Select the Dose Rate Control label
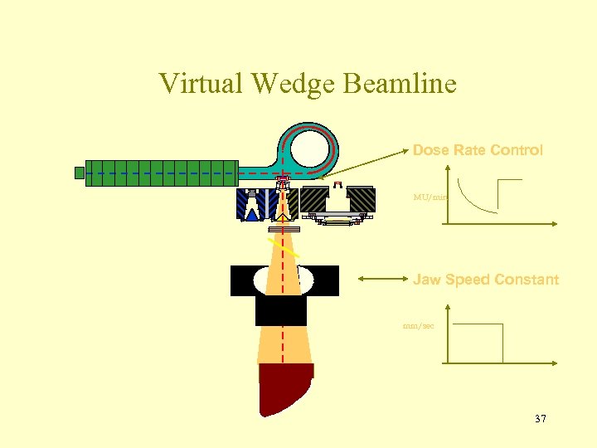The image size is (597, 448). pos(478,150)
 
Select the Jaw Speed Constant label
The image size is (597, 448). pos(486,280)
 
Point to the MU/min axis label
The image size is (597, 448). pos(431,197)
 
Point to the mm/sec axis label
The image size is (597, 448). pos(418,326)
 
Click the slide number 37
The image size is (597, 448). pos(541,419)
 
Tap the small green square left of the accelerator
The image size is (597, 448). pos(80,173)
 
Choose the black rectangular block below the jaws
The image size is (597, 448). pos(281,310)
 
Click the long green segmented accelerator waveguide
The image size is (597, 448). pos(162,173)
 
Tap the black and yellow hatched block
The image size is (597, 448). pos(314,199)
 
